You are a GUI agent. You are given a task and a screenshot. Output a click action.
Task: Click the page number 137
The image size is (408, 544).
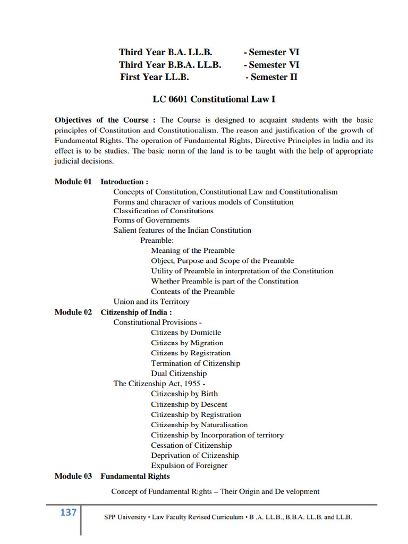[x=69, y=513]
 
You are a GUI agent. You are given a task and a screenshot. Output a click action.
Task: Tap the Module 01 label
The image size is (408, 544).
[x=73, y=182]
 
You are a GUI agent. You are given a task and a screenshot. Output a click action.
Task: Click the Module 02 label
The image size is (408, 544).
[x=73, y=312]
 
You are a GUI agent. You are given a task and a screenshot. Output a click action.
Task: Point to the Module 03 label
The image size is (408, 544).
[x=73, y=476]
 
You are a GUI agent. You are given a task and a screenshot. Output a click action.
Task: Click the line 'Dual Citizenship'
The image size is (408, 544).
[x=178, y=373]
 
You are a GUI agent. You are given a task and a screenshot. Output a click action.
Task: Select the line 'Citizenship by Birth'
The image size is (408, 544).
[x=184, y=394]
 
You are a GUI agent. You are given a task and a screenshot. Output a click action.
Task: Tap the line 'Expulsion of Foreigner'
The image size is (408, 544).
[x=189, y=465]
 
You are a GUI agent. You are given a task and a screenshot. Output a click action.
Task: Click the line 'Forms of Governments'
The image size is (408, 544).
[x=151, y=220]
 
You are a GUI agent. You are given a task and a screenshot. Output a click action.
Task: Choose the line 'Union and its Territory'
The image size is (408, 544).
[x=151, y=302]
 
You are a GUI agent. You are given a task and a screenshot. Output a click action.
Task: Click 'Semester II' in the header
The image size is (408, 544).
[x=271, y=77]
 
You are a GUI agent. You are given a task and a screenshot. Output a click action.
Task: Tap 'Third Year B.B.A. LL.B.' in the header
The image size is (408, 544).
[x=170, y=65]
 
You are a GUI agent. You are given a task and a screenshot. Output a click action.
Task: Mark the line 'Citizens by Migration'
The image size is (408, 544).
[x=187, y=343]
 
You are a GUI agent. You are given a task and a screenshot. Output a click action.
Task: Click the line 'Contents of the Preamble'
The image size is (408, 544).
[x=192, y=292]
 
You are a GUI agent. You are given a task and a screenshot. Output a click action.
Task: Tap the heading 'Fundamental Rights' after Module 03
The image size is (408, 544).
[x=135, y=476]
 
